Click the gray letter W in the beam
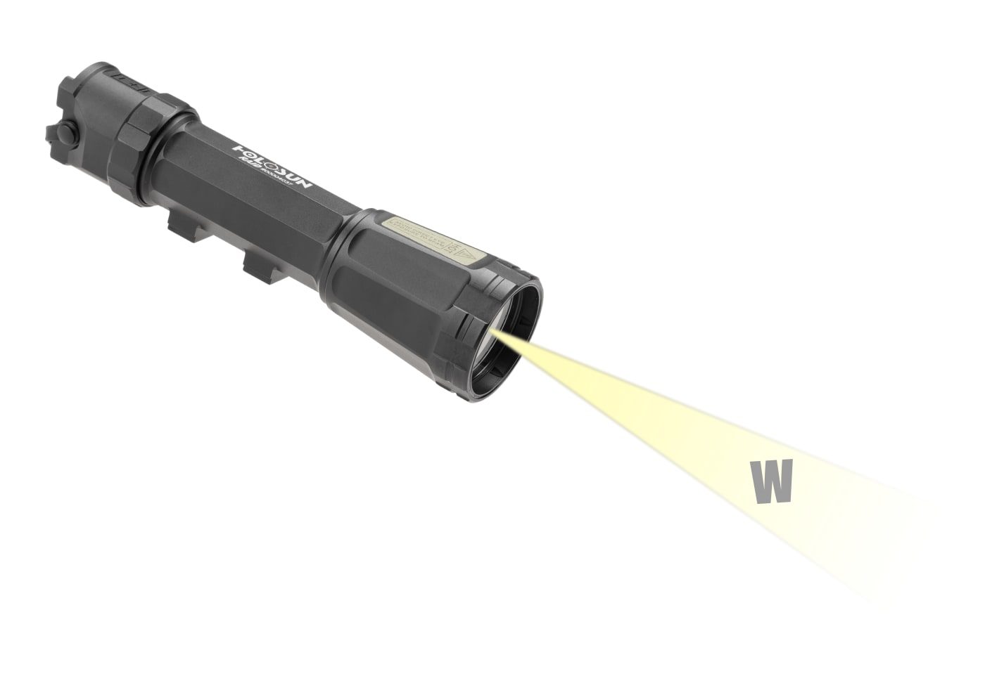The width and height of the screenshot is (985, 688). pos(772,482)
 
